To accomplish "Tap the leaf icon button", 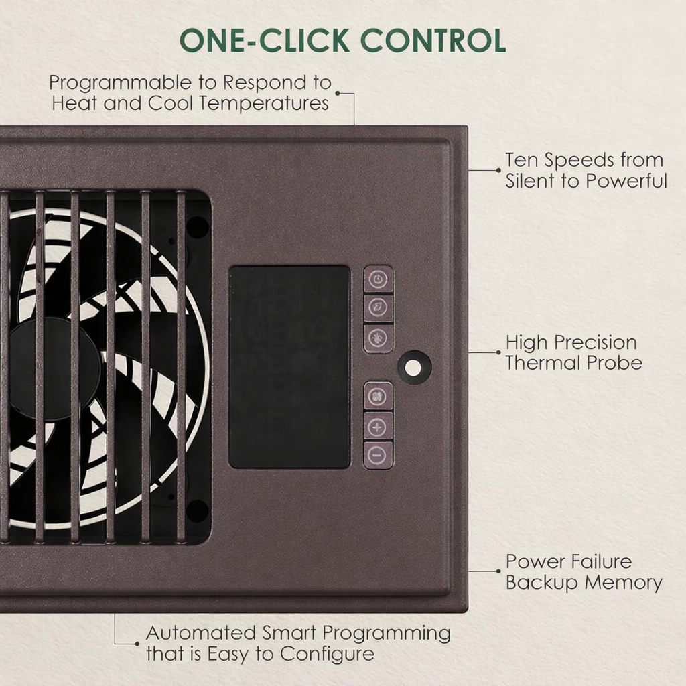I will (379, 308).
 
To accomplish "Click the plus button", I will (378, 426).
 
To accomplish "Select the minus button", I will (378, 455).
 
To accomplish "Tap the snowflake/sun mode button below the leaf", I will (379, 338).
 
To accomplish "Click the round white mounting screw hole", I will (414, 367).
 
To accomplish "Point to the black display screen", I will (289, 367).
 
